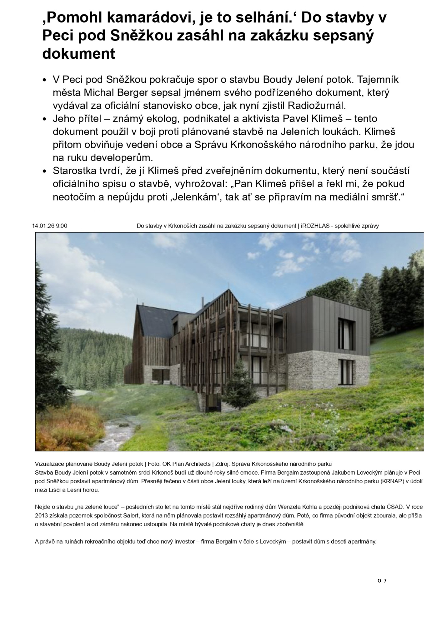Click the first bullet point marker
pos(44,80)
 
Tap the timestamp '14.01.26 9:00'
pos(50,226)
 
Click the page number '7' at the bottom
pos(385,581)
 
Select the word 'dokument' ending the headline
pos(79,54)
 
